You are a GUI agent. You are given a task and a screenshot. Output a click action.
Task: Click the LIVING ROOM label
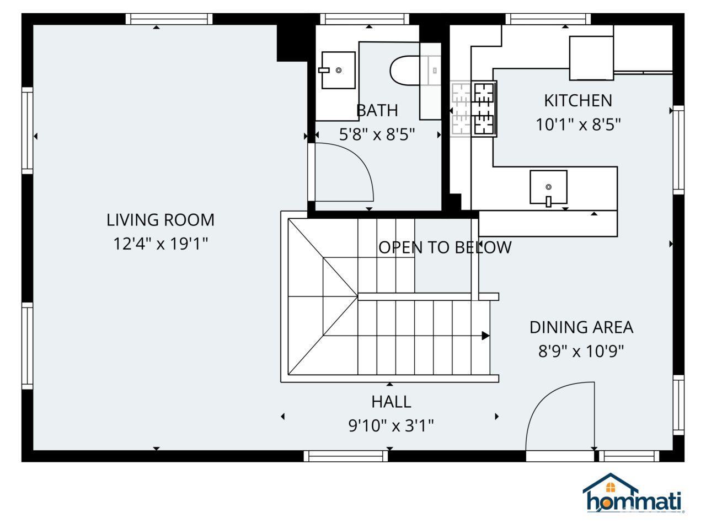pos(160,220)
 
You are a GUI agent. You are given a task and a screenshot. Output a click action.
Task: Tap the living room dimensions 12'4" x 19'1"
pos(160,244)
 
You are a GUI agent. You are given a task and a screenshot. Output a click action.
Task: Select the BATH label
pos(377,110)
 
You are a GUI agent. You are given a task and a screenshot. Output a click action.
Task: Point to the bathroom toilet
pos(405,71)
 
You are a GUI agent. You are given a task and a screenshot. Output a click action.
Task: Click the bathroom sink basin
pos(337,70)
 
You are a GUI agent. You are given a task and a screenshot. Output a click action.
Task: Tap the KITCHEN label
pos(577,101)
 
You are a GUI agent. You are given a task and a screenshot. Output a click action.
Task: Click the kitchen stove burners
pos(484,108)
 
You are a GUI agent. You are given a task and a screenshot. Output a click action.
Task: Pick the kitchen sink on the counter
pos(548,187)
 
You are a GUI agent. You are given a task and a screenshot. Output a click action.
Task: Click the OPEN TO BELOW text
pos(445,247)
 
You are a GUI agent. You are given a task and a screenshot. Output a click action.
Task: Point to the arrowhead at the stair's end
pos(485,336)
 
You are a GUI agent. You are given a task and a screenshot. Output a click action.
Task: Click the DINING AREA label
pos(581,327)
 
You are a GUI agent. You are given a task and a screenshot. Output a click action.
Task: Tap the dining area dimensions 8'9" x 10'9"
pos(581,351)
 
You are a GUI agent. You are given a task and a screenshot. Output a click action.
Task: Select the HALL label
pos(391,402)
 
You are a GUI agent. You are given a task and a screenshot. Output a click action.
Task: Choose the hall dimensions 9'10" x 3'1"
pos(391,425)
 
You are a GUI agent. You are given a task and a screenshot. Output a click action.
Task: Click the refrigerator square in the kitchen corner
pos(591,58)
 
